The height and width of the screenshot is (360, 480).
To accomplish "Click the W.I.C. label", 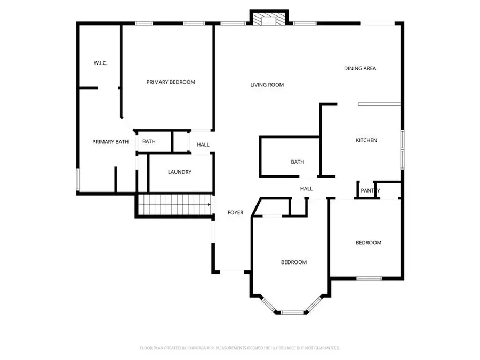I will tap(100, 63).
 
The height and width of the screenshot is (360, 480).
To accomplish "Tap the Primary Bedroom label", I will tap(171, 82).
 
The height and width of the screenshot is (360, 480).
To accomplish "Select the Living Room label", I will tap(267, 85).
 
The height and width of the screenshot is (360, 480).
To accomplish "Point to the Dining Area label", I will tap(360, 68).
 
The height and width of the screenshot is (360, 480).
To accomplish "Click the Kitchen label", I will tap(366, 140).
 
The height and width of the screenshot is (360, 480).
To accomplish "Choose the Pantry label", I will tap(370, 190).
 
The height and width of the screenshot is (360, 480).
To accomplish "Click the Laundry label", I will tap(179, 172).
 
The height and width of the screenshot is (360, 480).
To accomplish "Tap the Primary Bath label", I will tap(110, 142).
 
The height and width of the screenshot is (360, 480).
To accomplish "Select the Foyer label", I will tap(235, 212).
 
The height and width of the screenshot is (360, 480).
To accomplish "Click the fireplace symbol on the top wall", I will tap(269, 19).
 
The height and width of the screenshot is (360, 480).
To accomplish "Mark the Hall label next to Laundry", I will tap(203, 145).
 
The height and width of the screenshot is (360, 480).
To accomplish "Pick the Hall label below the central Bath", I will tap(306, 189).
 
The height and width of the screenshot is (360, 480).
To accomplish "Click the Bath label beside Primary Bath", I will tap(149, 142).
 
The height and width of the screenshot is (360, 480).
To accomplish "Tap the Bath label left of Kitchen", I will tap(297, 162).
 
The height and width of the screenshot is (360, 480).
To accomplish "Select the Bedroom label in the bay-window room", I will tap(294, 262).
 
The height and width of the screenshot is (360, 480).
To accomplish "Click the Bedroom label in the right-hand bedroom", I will tap(369, 243).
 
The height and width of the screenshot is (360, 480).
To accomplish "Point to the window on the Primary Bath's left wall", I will tap(78, 180).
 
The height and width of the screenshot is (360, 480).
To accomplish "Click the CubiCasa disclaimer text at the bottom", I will tap(240, 348).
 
